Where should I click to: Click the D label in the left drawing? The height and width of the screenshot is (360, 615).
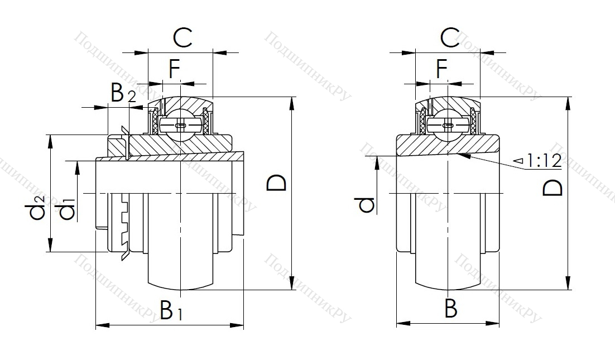(x=277, y=183)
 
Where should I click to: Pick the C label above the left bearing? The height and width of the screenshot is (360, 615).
(x=182, y=39)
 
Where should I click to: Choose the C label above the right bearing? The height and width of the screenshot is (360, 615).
(x=450, y=39)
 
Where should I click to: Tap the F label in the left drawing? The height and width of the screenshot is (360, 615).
(x=174, y=70)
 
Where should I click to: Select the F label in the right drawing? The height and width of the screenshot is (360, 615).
(x=442, y=70)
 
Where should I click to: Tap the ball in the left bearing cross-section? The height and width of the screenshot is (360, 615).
(x=180, y=126)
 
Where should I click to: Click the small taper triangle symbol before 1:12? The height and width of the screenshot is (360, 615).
(x=518, y=162)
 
